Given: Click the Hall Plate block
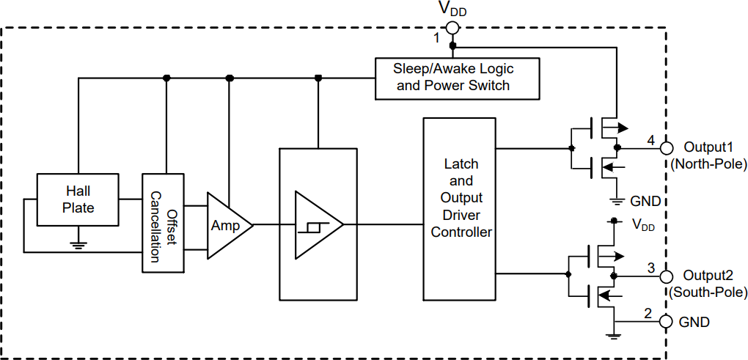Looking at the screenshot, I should [x=78, y=199].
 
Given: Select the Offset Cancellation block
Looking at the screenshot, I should [x=164, y=224].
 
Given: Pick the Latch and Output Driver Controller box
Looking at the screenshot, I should [x=461, y=207].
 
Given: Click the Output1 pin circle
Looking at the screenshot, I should [x=667, y=147].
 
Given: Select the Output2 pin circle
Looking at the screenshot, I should [x=667, y=276].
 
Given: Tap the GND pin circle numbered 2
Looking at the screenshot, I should [x=667, y=322].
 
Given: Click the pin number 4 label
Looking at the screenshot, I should [x=650, y=139].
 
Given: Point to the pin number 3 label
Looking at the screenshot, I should [x=650, y=268].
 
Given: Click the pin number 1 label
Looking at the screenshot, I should [x=437, y=37].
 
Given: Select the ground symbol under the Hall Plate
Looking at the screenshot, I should [x=78, y=245].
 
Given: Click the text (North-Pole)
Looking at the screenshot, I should [x=708, y=164].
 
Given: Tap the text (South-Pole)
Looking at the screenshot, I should [x=708, y=293].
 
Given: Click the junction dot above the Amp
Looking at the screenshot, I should [x=230, y=78].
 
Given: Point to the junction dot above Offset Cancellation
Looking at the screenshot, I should [x=167, y=78].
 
